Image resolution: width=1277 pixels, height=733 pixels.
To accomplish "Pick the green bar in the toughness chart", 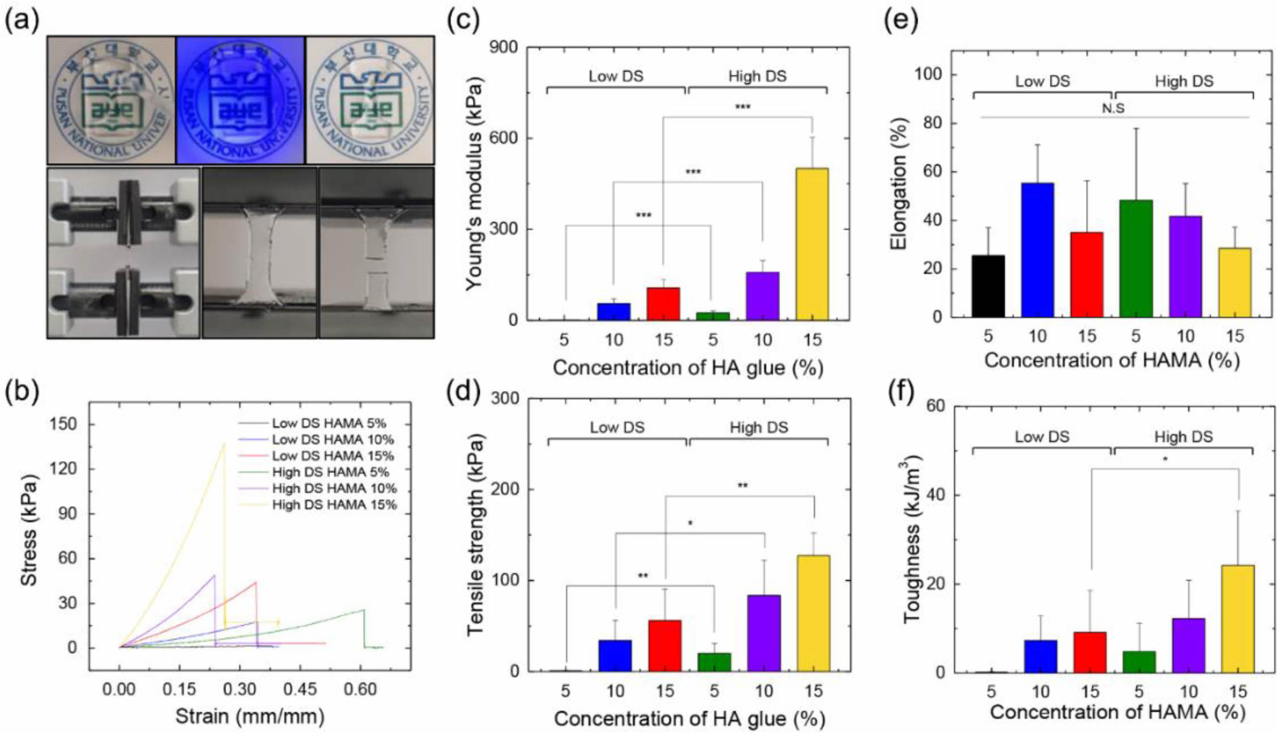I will (x=1139, y=662).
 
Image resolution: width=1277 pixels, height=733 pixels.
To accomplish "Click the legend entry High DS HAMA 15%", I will (x=334, y=504).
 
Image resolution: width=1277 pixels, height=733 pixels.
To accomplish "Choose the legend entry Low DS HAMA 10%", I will (x=333, y=439).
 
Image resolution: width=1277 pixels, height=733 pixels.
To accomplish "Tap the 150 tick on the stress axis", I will (x=64, y=425).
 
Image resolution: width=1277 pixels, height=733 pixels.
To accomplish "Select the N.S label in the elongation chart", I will (x=1113, y=108).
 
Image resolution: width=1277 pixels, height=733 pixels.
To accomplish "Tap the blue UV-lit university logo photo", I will (x=240, y=100).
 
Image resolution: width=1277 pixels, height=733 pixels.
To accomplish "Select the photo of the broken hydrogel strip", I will (x=376, y=253).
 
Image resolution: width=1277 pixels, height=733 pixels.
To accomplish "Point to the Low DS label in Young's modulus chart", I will (x=615, y=76).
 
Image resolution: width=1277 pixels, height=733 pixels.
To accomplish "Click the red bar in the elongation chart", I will (x=1086, y=274).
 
